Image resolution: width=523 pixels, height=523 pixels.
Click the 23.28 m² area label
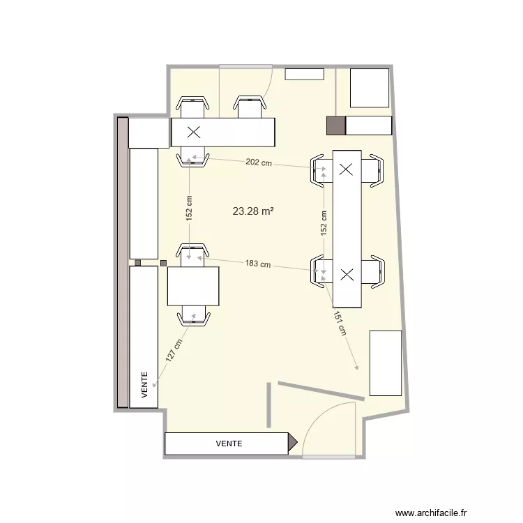tap(252, 210)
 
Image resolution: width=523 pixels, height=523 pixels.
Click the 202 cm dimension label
tap(259, 162)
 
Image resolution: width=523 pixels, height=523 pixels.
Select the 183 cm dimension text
tap(257, 264)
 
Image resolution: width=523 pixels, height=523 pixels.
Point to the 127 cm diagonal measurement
tap(174, 350)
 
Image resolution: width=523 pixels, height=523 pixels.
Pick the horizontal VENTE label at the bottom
tap(229, 443)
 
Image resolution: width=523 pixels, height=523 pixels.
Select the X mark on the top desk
tap(193, 131)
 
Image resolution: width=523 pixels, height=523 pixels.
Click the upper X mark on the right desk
tap(347, 168)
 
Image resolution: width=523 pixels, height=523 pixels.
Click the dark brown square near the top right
tap(336, 126)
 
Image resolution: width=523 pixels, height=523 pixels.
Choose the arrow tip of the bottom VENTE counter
tap(294, 443)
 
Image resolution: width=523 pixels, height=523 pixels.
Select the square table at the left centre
tap(193, 286)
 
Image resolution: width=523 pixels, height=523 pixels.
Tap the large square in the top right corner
tap(369, 88)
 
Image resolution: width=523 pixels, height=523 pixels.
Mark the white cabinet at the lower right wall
tap(385, 363)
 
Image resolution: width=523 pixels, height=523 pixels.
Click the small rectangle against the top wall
tap(305, 74)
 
